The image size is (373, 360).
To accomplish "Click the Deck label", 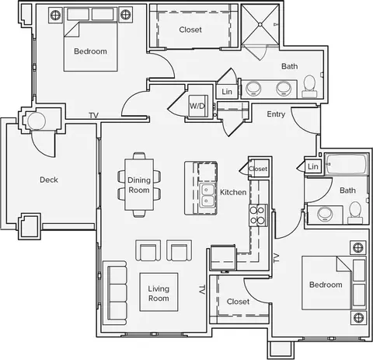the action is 49,180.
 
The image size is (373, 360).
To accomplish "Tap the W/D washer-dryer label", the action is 197,106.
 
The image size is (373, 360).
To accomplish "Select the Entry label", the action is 276,114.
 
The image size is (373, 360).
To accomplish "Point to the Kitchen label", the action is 233,192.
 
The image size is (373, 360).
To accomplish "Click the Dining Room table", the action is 139,184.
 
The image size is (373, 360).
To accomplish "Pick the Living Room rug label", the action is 159,293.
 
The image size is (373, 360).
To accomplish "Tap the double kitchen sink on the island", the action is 207,196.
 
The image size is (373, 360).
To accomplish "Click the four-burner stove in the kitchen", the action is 258,215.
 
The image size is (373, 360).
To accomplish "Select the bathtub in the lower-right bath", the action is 347,164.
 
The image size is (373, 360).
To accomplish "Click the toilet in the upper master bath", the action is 309,86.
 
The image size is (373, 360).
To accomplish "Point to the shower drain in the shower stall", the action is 260,25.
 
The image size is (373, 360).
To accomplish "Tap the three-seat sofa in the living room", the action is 115,293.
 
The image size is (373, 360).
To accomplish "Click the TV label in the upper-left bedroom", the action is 94,116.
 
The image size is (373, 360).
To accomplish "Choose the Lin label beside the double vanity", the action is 227,92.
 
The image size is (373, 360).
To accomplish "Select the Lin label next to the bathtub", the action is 313,166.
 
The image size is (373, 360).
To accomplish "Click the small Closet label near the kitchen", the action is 258,169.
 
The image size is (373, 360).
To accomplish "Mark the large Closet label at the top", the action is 190,30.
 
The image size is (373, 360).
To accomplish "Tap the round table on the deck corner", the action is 37,121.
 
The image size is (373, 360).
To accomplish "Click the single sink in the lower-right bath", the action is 325,214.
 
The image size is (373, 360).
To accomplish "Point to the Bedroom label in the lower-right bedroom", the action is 326,285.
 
